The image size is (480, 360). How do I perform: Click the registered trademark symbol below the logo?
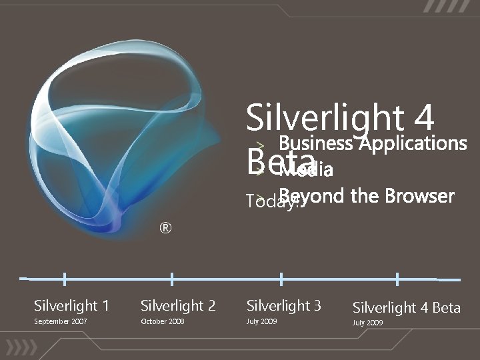pos(165,229)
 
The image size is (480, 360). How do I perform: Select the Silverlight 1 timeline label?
pos(71,306)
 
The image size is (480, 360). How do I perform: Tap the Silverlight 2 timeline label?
pos(178,306)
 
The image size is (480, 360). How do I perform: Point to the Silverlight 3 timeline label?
pos(284,306)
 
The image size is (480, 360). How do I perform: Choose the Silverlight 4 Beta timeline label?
pos(406,307)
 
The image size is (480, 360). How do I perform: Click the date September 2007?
pos(61,322)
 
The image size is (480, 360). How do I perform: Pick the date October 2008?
pos(162,322)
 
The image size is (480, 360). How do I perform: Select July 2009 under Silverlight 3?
pos(261,322)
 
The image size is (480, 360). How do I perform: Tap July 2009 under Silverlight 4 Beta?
pos(368,323)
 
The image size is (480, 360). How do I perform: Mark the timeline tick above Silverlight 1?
pos(64,278)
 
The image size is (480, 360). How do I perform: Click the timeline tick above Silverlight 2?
pos(172,279)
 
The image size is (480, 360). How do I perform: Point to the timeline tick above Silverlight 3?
pos(281,279)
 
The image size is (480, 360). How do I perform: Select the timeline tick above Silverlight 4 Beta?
pos(397,279)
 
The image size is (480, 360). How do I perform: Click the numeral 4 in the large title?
pos(423,119)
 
